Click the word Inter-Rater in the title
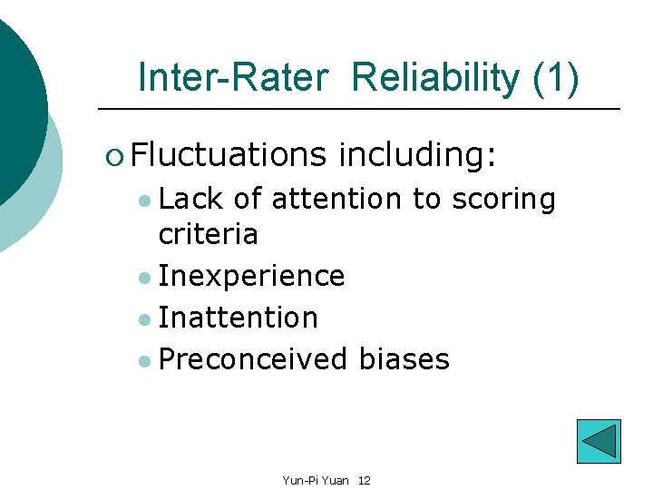232,78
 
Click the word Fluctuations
228,155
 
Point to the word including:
417,155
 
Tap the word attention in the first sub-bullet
336,199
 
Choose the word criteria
208,235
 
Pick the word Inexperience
251,277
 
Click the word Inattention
238,318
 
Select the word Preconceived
252,359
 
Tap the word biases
404,359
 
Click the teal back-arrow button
599,441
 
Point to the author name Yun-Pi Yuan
316,480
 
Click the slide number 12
364,480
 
